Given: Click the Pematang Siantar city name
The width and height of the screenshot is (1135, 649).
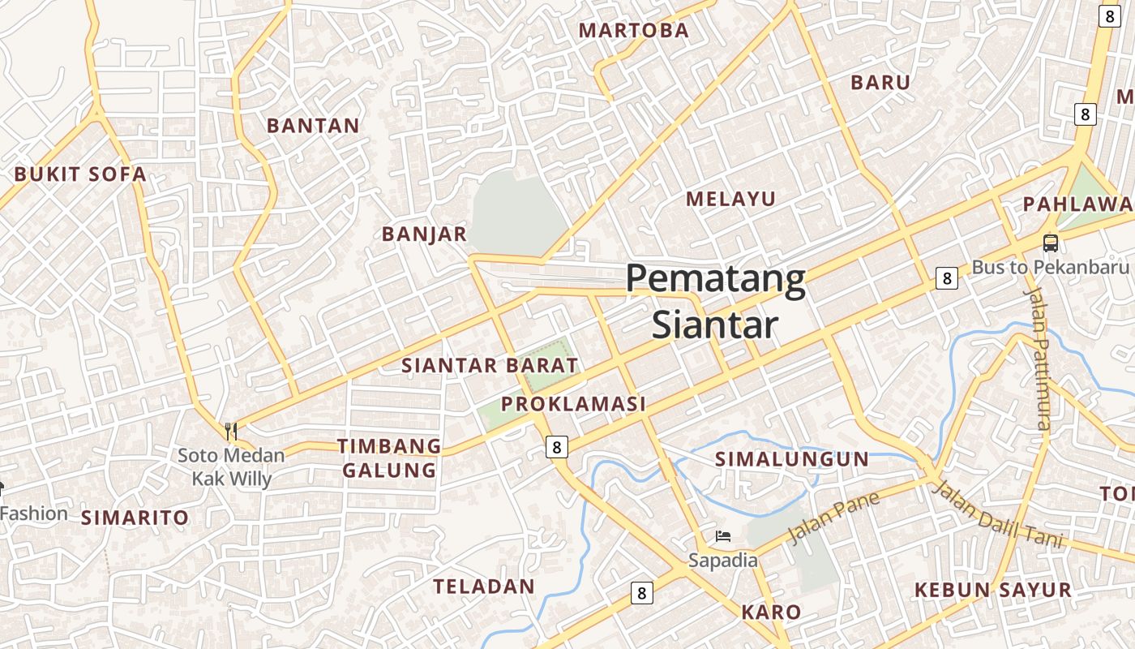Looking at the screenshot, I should click(715, 301).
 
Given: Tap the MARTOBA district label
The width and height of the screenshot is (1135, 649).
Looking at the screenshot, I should click(633, 31).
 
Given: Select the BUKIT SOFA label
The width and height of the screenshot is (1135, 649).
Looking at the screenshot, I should click(80, 174).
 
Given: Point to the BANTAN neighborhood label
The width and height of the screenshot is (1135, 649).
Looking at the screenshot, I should click(313, 126).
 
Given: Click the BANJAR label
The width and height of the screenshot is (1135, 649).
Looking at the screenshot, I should click(424, 234).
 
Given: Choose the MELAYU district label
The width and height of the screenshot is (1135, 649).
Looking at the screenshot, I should click(730, 199).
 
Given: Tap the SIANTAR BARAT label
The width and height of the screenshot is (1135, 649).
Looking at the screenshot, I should click(490, 365).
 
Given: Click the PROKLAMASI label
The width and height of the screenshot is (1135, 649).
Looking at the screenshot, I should click(573, 404).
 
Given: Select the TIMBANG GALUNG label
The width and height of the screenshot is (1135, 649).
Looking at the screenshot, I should click(389, 458).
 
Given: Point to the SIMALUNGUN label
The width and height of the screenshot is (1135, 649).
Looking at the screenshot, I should click(791, 459).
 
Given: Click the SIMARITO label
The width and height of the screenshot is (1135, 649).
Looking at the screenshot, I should click(135, 518).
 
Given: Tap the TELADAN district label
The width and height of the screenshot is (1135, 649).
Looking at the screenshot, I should click(483, 587).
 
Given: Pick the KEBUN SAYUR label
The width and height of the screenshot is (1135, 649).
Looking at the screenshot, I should click(992, 591).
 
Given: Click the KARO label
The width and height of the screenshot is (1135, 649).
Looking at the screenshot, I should click(771, 612).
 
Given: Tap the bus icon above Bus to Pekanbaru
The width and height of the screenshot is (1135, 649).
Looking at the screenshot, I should click(1050, 243).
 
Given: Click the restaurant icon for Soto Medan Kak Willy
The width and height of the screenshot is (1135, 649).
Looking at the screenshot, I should click(232, 432).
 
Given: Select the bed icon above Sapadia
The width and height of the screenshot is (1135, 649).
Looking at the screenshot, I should click(723, 536).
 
